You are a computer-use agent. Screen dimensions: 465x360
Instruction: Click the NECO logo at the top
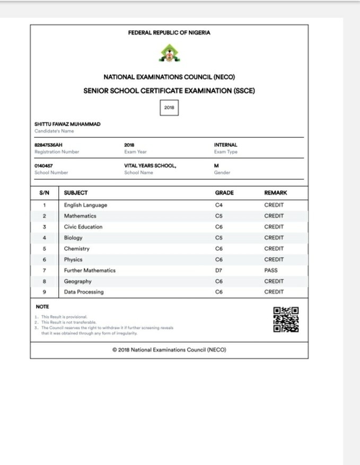169,52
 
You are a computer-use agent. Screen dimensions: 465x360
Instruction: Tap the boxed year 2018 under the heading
169,108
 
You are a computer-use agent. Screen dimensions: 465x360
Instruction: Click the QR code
286,320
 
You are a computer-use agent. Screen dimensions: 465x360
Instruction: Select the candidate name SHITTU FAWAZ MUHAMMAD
67,124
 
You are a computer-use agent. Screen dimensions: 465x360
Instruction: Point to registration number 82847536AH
49,145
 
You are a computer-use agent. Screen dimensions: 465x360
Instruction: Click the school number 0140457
43,165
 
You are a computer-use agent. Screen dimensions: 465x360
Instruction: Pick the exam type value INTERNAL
225,145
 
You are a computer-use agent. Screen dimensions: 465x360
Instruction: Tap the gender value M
216,165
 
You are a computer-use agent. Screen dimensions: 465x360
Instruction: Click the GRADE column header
224,193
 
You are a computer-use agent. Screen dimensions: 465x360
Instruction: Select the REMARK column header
275,193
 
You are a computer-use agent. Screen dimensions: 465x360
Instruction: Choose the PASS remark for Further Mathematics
270,270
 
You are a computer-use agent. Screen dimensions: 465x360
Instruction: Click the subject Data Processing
84,292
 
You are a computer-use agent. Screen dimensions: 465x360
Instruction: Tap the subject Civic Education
83,227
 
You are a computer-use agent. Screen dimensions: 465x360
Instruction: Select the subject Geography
77,282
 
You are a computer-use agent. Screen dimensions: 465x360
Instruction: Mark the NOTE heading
42,306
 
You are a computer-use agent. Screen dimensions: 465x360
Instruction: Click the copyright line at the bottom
169,350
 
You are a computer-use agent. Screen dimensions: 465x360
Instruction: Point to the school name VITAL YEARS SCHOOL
150,165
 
